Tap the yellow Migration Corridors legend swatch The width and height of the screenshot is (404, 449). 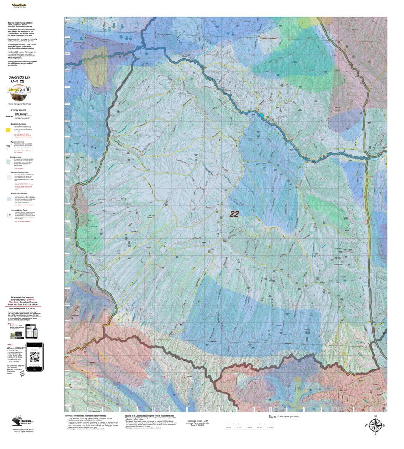coord(8,131)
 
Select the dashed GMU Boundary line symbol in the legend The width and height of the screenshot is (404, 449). coord(9,116)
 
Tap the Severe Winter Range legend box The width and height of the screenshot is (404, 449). coord(10,215)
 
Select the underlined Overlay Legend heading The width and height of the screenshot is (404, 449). coord(18,110)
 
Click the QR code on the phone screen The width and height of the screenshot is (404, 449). coord(34,356)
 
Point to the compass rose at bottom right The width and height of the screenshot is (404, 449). coord(375,425)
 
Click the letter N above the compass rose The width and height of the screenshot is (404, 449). coord(375,416)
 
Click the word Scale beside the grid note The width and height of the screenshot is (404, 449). coord(272,417)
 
